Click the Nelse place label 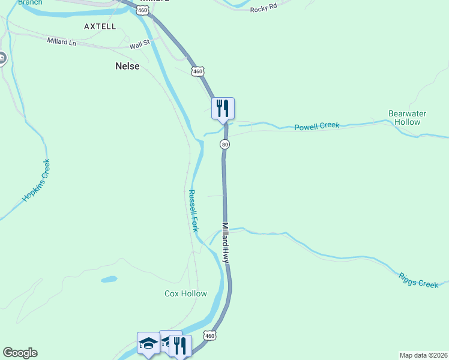tap(127, 67)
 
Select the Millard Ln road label tap(62, 41)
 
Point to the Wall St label tap(139, 44)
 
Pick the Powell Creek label tap(316, 126)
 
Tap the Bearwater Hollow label tap(412, 117)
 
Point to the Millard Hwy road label tap(225, 243)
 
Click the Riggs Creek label tap(418, 280)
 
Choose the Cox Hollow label tap(185, 293)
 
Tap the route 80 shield tap(224, 145)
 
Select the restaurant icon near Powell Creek tap(223, 108)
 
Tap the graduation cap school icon tap(148, 343)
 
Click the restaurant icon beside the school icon tap(179, 345)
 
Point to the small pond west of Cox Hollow tap(109, 279)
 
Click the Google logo tap(20, 353)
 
